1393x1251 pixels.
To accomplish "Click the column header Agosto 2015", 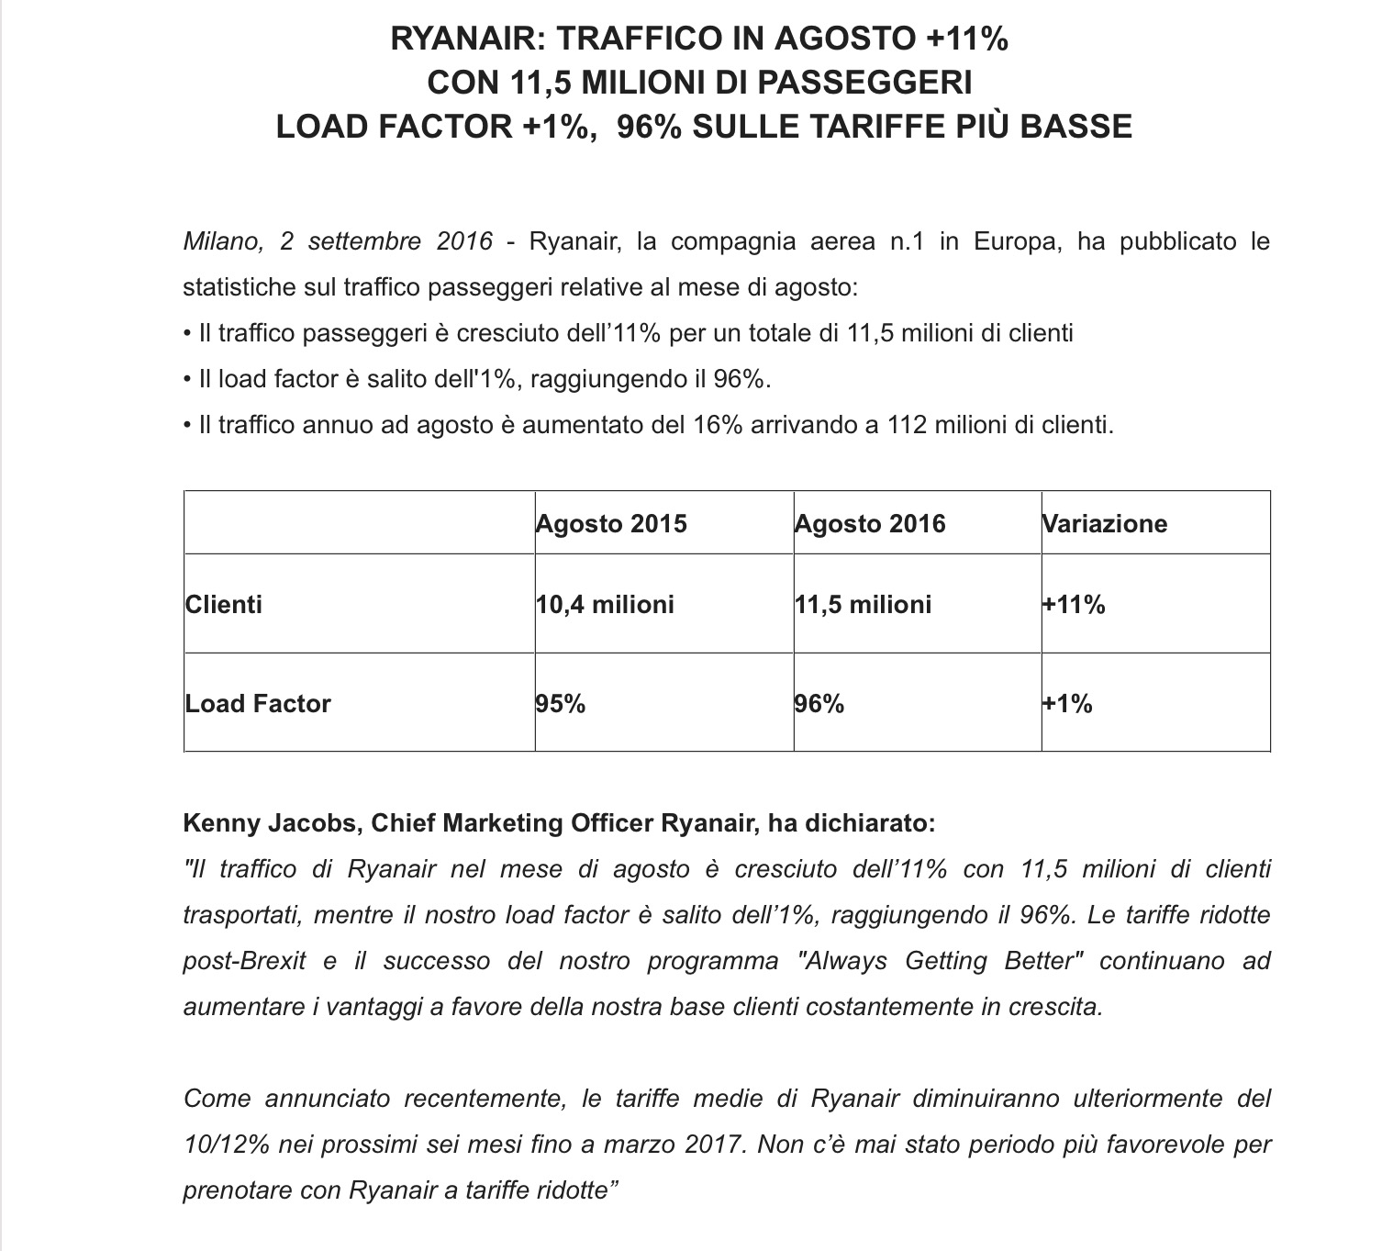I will [x=611, y=524].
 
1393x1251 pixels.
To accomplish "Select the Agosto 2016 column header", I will [x=870, y=524].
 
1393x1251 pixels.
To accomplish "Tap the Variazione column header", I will [x=1105, y=524].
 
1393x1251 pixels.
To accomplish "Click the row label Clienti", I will [x=224, y=605].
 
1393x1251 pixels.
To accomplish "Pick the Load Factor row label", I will [x=258, y=704].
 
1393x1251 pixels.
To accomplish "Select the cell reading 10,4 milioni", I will [x=606, y=605].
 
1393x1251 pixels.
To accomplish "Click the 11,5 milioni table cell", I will [x=864, y=605].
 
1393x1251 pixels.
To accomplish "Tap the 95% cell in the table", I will [x=561, y=704].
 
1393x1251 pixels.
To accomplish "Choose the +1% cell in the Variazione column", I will [x=1067, y=704].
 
